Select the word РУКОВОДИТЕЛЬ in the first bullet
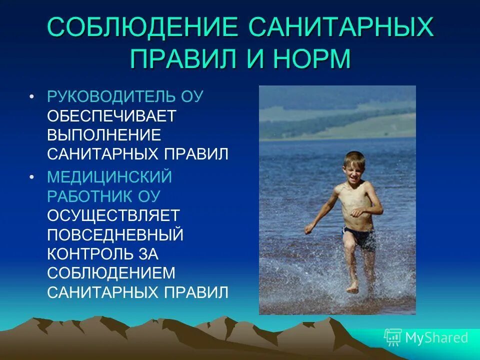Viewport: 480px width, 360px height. coord(110,96)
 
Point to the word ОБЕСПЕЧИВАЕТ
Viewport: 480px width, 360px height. coord(111,115)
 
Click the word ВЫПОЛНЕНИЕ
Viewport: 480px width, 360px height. coord(104,134)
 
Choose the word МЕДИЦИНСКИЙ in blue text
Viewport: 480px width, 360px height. coord(109,176)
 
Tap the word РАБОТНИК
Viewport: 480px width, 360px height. coord(90,195)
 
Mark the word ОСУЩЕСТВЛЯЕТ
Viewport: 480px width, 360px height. coord(113,215)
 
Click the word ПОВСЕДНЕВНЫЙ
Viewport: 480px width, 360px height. coord(115,234)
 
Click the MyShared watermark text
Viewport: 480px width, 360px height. coord(436,338)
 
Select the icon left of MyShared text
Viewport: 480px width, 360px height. coord(393,337)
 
